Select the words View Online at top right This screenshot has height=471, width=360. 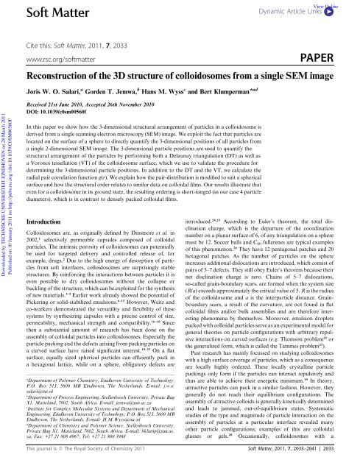[342, 4]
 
